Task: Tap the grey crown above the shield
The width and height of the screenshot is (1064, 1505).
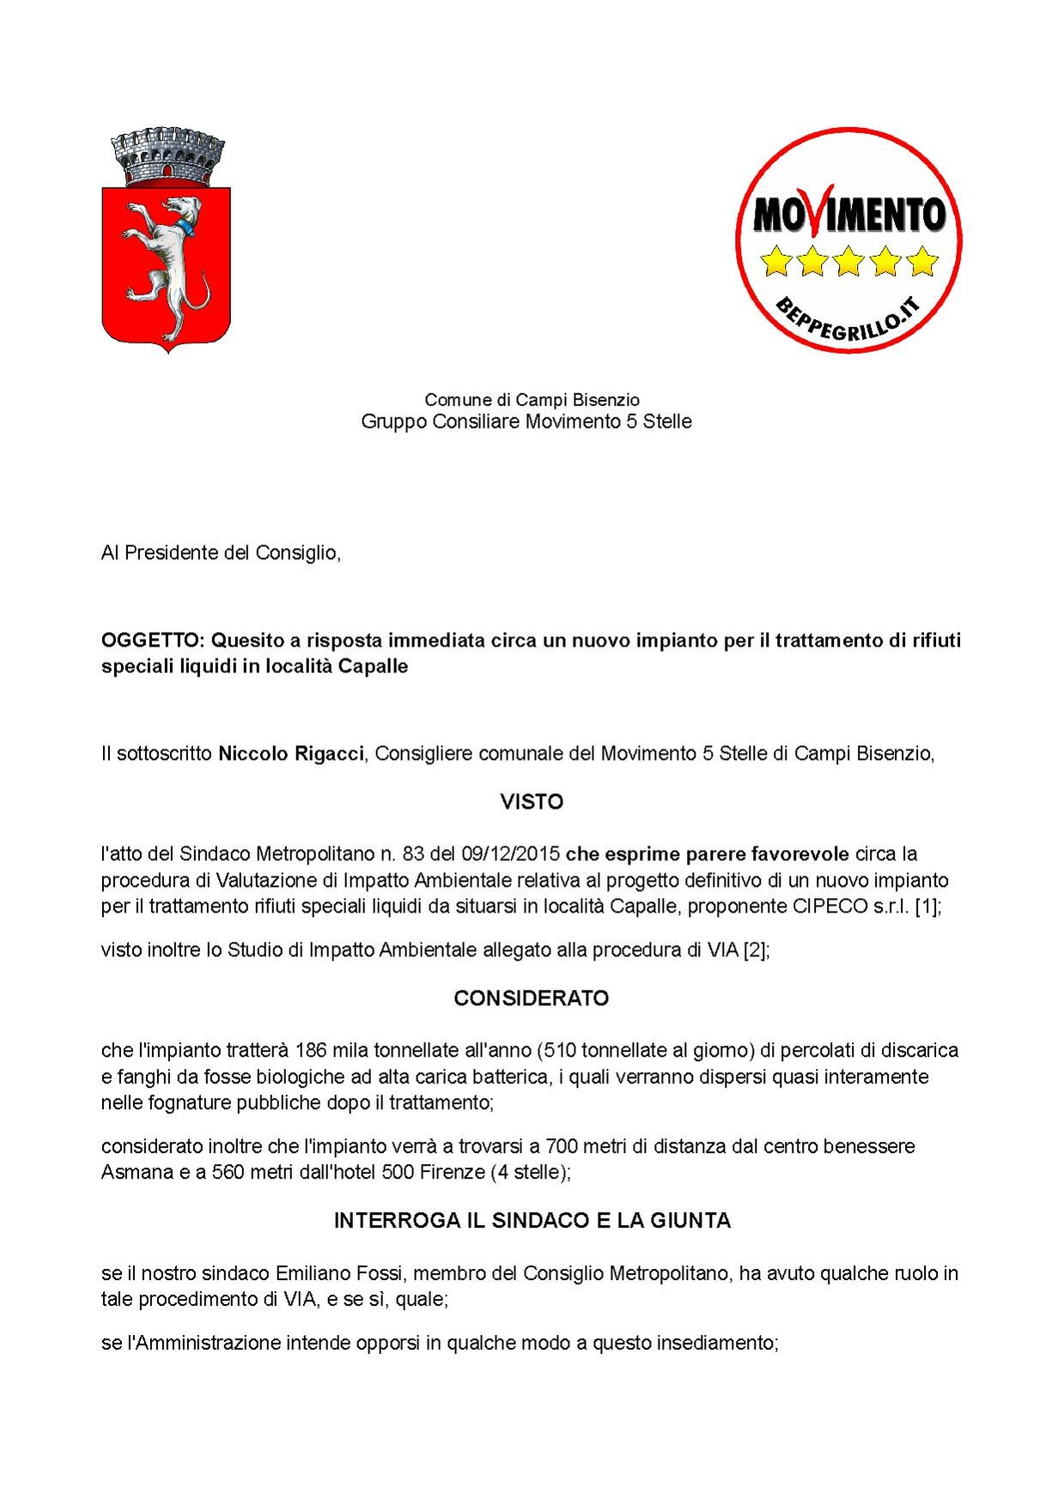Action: pos(167,157)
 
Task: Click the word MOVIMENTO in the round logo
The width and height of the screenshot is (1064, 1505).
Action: pos(848,214)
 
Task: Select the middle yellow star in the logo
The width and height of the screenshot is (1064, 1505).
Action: pos(848,260)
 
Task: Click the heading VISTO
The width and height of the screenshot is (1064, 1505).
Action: pos(532,802)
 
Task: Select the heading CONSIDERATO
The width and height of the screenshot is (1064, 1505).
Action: pos(532,998)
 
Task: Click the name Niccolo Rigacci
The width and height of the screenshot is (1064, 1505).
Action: pos(291,754)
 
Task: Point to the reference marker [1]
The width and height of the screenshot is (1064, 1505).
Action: pos(927,907)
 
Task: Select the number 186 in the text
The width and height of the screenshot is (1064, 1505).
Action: pos(311,1051)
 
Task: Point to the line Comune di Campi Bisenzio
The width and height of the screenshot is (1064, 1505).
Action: pos(532,399)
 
